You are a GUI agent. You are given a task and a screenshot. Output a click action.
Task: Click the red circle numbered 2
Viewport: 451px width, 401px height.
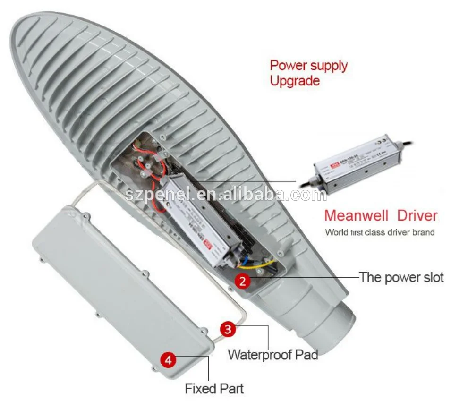pos(242,281)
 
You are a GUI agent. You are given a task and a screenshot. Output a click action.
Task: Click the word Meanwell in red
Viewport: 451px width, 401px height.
pos(356,216)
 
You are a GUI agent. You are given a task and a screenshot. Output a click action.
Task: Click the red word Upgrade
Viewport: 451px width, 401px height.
pos(295,81)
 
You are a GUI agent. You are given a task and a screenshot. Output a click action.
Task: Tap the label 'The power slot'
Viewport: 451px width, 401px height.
pos(401,277)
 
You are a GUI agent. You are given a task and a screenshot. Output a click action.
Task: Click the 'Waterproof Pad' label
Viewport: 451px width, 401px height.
pos(273,354)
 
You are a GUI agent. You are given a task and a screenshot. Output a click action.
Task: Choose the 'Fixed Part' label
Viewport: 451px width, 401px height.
pos(214,389)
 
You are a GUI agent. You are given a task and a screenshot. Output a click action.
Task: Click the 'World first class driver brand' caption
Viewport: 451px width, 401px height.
pos(380,232)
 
